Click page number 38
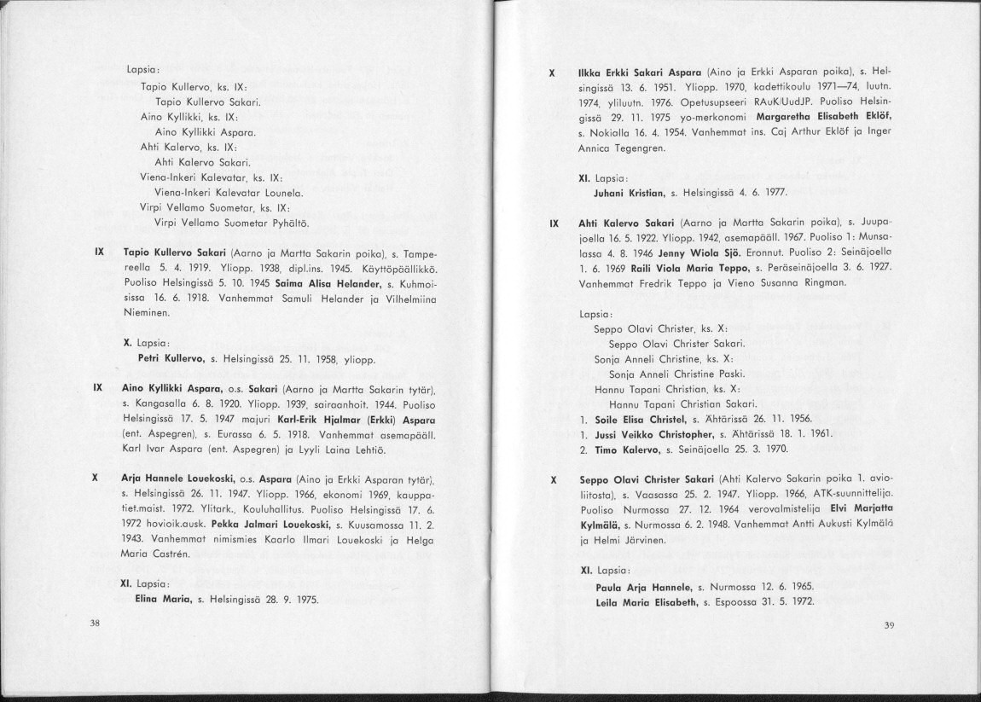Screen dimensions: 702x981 point(96,624)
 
